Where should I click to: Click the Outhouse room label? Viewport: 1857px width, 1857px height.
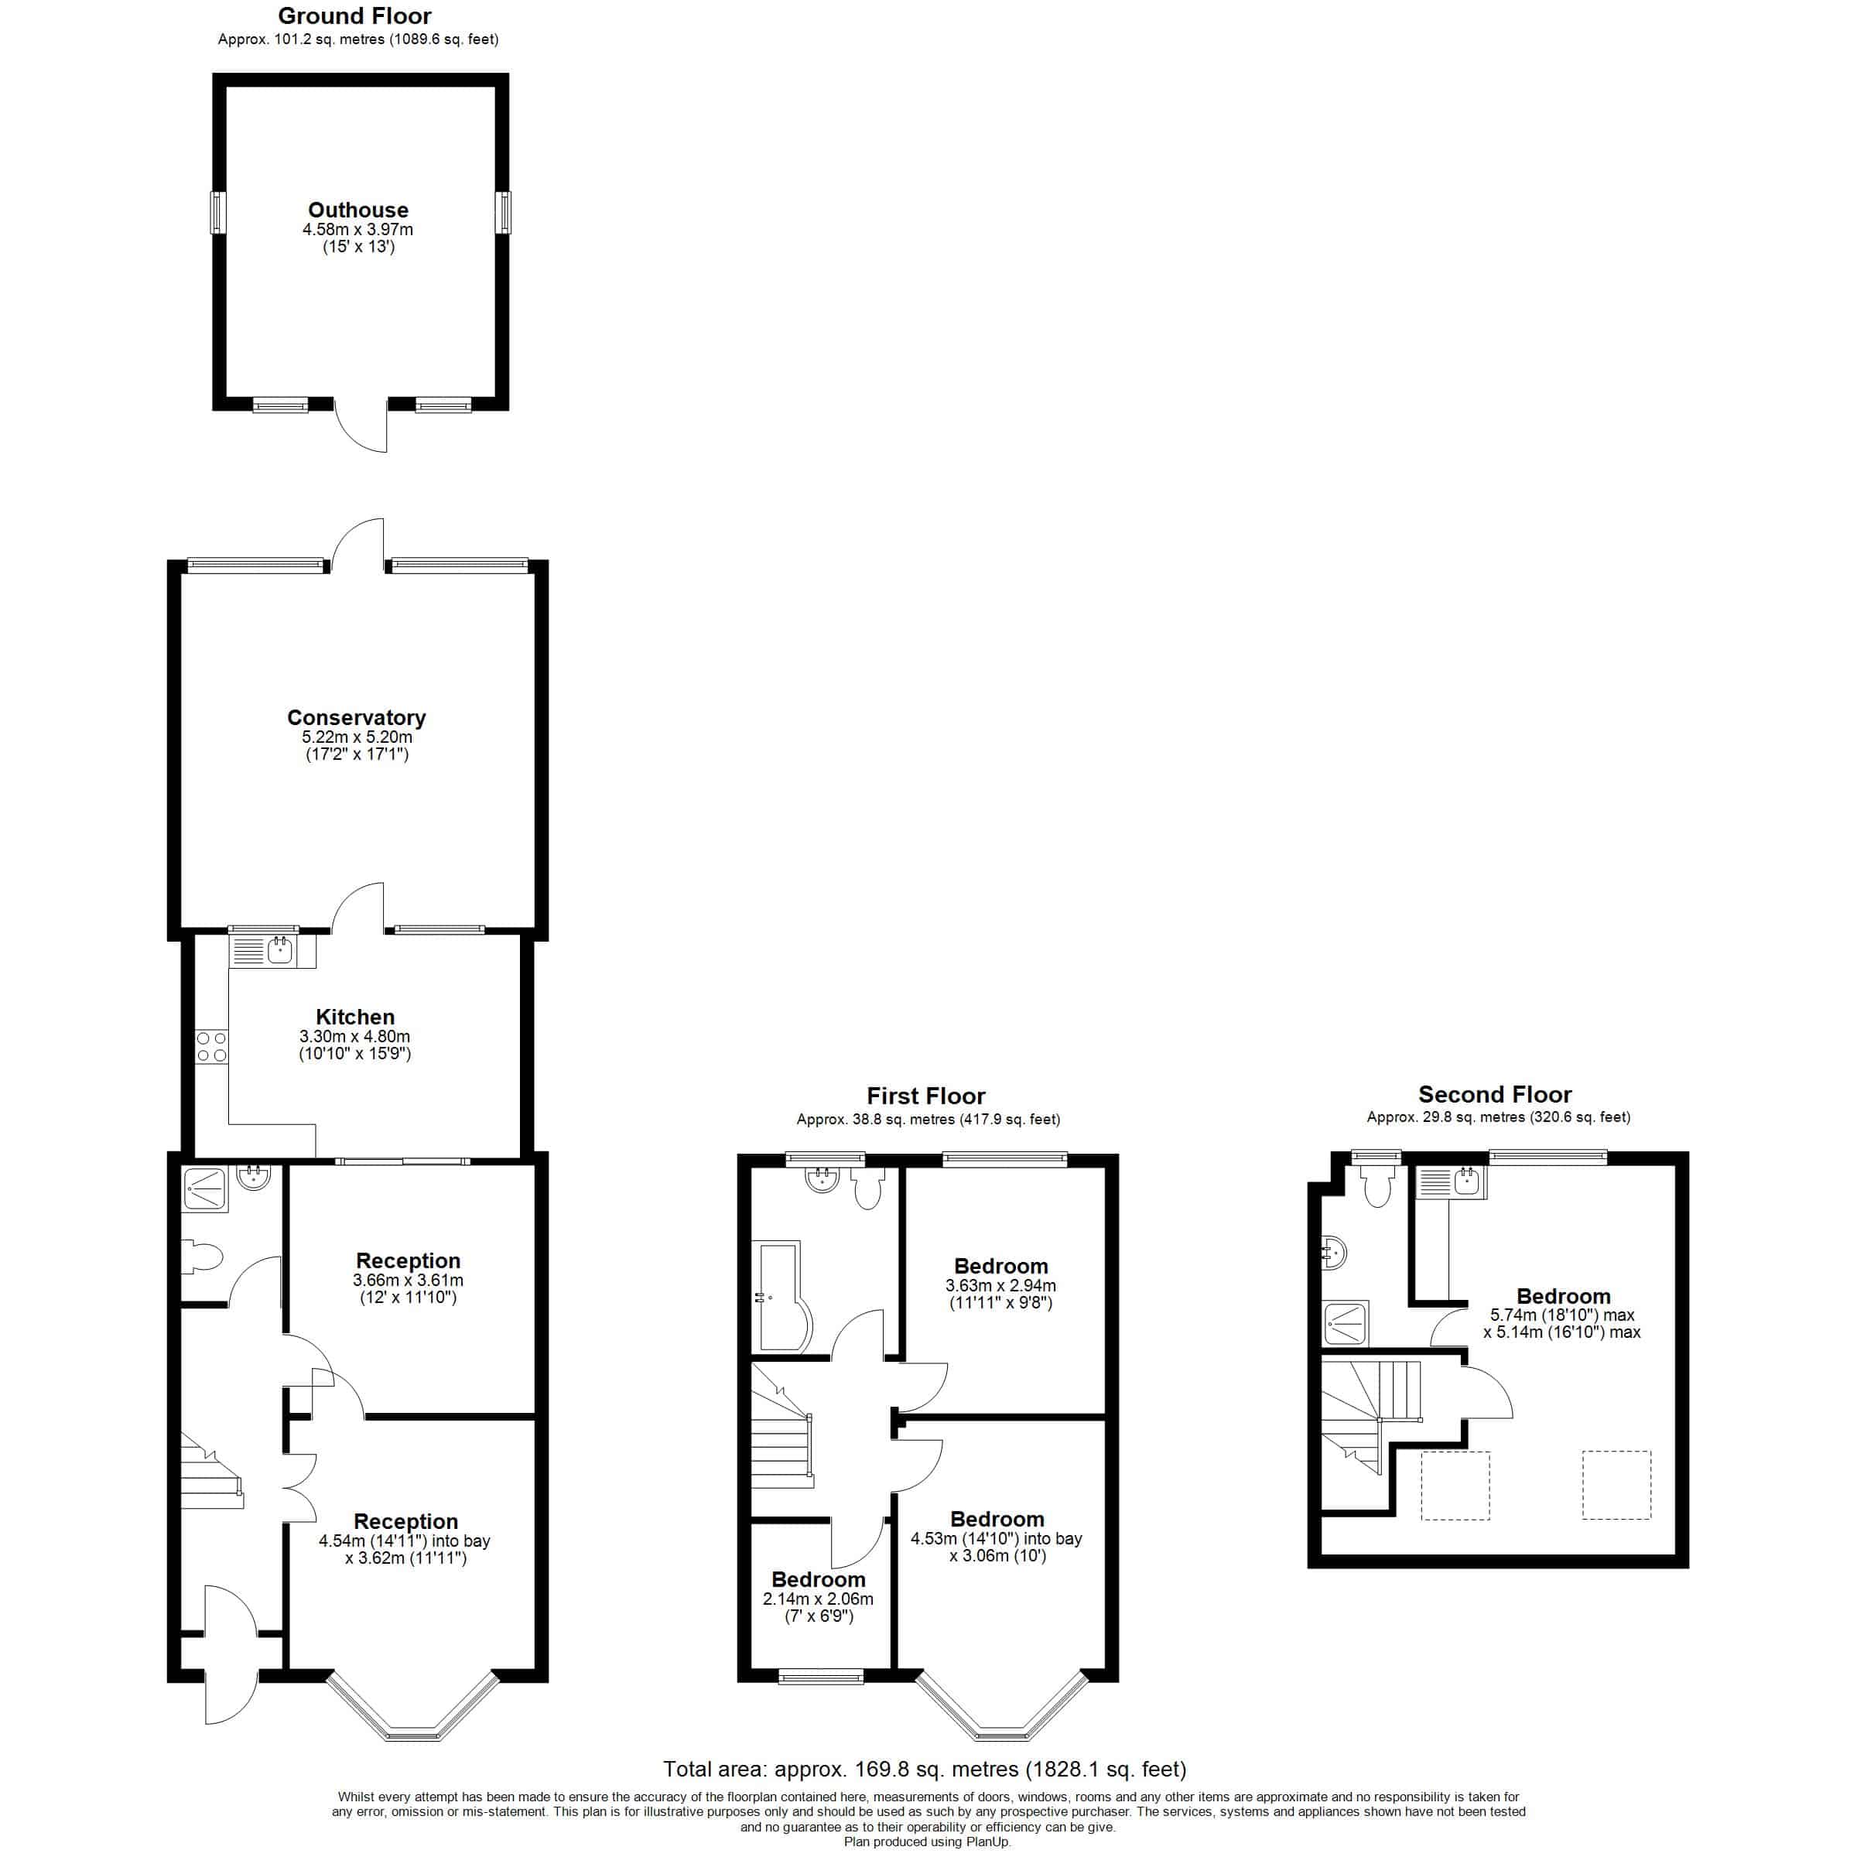click(357, 210)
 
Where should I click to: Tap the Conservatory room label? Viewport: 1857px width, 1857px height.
click(357, 717)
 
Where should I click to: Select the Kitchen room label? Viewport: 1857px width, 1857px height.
click(354, 1016)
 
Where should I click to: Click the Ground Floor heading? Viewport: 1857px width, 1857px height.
click(354, 15)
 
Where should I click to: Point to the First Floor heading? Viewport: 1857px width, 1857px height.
click(925, 1096)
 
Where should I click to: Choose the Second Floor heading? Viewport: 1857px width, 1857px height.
click(1495, 1094)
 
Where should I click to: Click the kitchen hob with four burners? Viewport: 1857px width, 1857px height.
click(211, 1047)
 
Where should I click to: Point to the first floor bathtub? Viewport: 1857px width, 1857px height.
click(781, 1298)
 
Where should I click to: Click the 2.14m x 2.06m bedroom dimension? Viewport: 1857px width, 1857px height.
click(818, 1599)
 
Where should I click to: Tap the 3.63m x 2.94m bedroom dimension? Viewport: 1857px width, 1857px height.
click(1000, 1285)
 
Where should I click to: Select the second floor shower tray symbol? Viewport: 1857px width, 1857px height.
click(1345, 1324)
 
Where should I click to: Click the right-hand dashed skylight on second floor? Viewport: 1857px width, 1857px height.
click(1616, 1485)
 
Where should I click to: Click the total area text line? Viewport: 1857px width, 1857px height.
click(925, 1769)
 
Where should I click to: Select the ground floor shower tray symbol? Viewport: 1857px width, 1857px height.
click(205, 1189)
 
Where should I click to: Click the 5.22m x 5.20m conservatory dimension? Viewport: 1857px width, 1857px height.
click(357, 737)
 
